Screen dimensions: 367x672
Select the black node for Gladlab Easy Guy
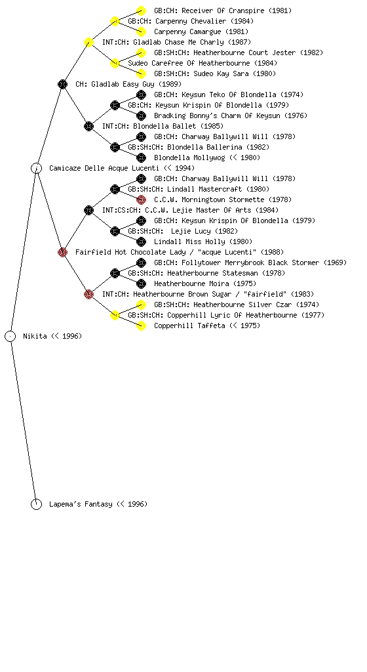(62, 84)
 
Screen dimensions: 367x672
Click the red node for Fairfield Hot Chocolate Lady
(62, 252)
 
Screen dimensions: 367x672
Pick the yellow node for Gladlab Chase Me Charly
(88, 42)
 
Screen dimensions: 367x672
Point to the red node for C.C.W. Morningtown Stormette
(141, 199)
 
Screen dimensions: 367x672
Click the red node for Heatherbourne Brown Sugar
(88, 294)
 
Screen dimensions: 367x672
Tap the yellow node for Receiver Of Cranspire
(141, 10)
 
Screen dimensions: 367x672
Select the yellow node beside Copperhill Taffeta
(141, 325)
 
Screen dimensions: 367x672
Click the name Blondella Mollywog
(189, 157)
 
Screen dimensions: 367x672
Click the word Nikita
(35, 336)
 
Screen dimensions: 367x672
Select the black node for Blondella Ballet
(88, 126)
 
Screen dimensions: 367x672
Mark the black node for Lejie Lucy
(115, 231)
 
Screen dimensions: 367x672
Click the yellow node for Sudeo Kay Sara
(141, 73)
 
